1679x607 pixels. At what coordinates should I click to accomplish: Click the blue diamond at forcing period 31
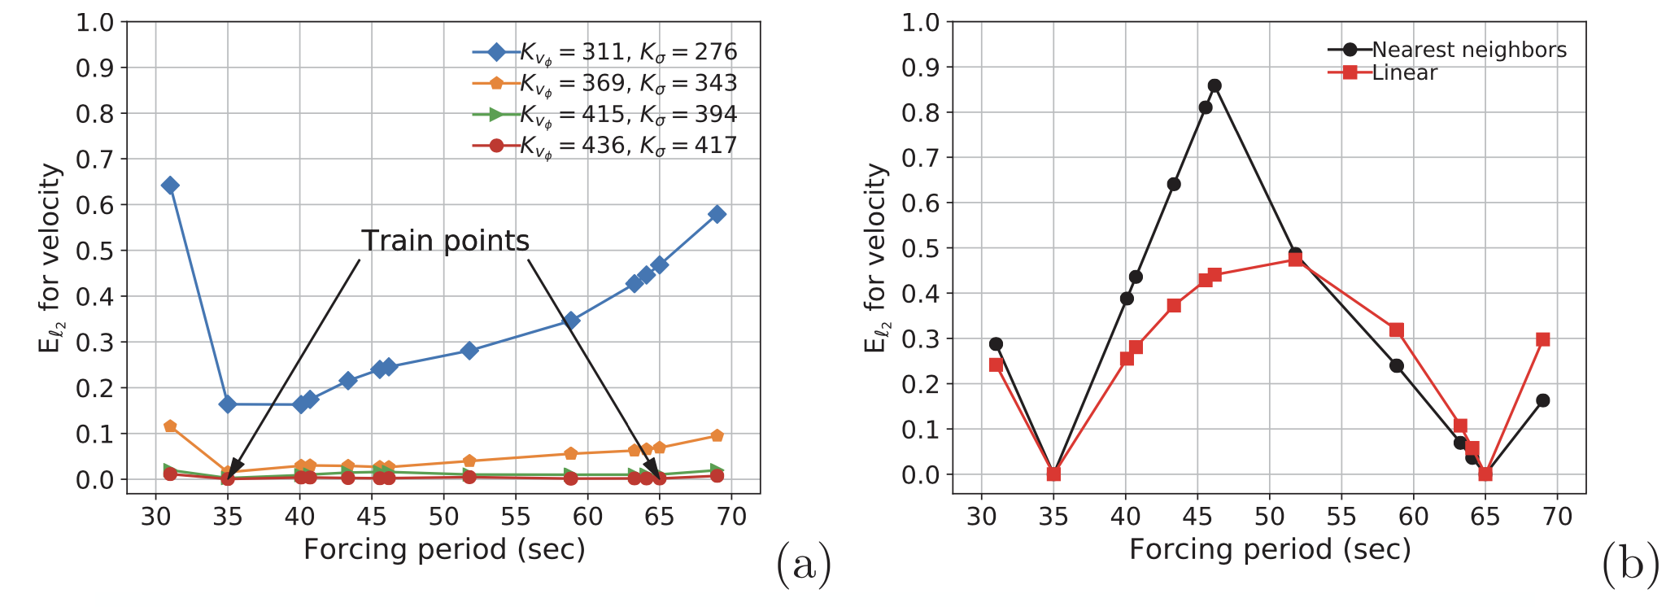(170, 186)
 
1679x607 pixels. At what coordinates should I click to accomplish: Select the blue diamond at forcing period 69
(717, 214)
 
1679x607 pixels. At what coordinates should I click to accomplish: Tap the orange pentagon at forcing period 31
(170, 426)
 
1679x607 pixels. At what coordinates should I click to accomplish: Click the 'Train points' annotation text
(445, 242)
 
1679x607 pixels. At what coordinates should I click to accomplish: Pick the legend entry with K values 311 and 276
(604, 53)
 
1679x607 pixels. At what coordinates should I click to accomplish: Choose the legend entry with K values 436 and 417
(604, 146)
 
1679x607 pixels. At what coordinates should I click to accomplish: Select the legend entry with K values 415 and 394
(604, 115)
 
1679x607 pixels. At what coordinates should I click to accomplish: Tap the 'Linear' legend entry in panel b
(1383, 73)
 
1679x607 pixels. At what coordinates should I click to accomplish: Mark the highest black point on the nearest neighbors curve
(1215, 85)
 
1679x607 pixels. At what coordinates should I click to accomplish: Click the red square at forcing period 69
(1542, 339)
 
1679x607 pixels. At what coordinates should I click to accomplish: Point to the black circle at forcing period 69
(1542, 400)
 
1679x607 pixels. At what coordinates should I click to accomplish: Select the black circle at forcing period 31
(996, 344)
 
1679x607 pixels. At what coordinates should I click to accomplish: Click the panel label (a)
(804, 566)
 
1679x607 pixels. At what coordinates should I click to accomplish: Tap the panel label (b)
(1630, 566)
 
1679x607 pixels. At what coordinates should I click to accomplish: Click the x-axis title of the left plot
(444, 550)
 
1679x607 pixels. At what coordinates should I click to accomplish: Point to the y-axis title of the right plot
(875, 258)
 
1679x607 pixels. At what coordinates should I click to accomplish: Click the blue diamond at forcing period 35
(228, 404)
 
